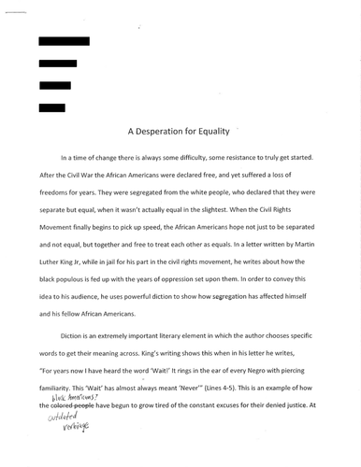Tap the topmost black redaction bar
click(64, 41)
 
